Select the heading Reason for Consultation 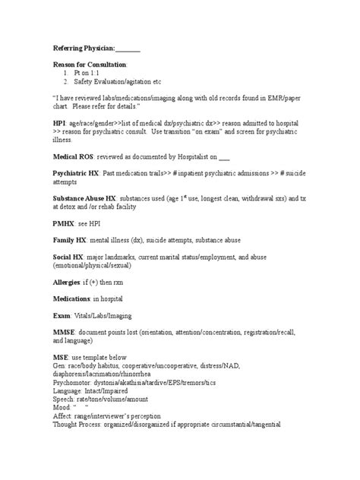(84, 65)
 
